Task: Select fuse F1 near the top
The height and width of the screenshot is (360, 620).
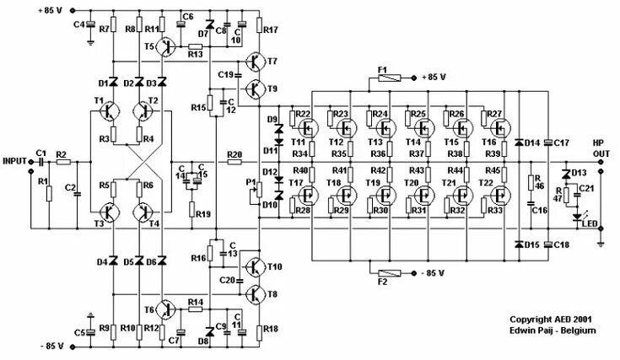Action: (383, 78)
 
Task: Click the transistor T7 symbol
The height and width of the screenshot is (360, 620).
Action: (254, 62)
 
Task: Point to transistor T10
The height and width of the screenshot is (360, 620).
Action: (254, 267)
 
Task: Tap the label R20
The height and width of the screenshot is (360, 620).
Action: (234, 154)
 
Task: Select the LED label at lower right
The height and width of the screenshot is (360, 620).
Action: (589, 224)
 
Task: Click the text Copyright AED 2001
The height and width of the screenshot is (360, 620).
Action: (548, 320)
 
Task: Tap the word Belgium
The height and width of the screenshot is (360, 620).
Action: (580, 330)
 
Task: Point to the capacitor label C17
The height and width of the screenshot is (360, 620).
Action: (563, 142)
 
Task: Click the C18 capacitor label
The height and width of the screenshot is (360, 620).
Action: (563, 244)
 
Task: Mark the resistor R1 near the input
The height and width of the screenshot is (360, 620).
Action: (49, 194)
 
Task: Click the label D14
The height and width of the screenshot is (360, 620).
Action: (532, 142)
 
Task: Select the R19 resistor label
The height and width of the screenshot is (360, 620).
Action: (202, 214)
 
